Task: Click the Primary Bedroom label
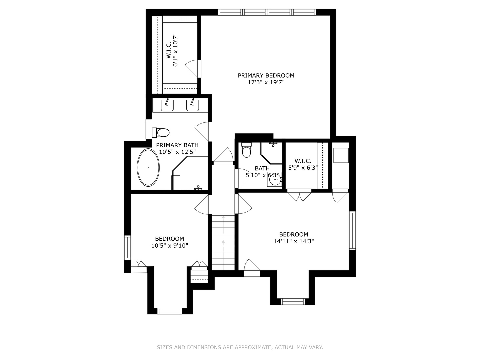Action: [266, 75]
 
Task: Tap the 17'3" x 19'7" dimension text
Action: [266, 82]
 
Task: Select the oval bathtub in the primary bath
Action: [148, 167]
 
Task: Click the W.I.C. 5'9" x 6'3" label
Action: [303, 164]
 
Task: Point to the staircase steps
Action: [223, 243]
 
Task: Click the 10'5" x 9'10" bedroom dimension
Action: [169, 246]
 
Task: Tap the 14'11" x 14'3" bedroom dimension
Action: [294, 241]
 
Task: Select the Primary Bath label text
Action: [177, 145]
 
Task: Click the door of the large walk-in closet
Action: [193, 69]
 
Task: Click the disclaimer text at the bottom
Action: [240, 347]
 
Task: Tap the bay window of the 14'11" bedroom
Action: [293, 301]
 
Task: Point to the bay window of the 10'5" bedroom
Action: [170, 311]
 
